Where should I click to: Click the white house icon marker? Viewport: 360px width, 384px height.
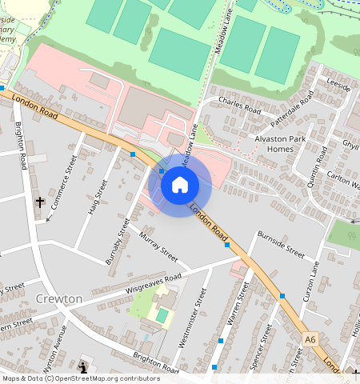(x=180, y=186)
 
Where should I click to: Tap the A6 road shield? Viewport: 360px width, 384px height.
(x=311, y=341)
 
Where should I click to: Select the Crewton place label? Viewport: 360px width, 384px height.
(x=59, y=298)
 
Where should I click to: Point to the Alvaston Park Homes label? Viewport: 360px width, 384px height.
(x=281, y=143)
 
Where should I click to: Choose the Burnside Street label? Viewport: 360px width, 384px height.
(x=281, y=243)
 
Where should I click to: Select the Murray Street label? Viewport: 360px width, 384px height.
(x=158, y=246)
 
